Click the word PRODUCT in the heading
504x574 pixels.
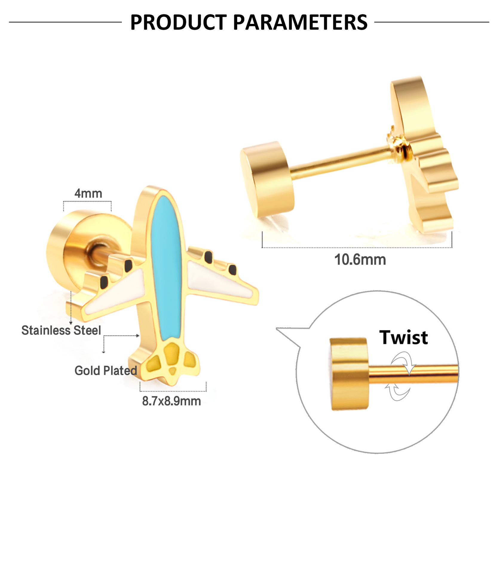pos(178,22)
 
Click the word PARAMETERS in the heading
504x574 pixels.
pos(300,22)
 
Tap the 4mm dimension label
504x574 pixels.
pos(88,193)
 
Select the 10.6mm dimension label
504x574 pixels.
pos(360,259)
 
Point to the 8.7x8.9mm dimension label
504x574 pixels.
pos(171,401)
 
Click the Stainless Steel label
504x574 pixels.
pos(61,330)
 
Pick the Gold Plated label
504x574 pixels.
pos(105,370)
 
